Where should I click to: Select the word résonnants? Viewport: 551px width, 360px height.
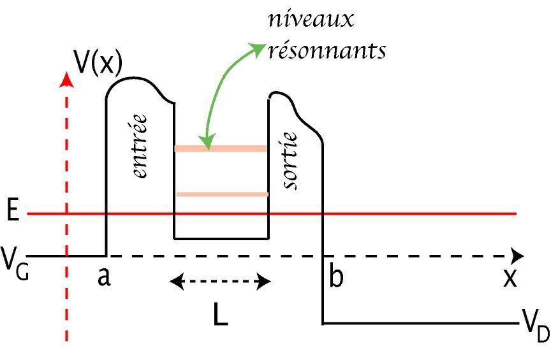[327, 50]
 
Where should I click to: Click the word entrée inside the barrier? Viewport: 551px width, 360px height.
[142, 146]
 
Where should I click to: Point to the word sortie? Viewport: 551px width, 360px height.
[291, 160]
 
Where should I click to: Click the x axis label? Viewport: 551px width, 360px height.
[509, 278]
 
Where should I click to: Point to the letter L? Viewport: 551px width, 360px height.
[221, 315]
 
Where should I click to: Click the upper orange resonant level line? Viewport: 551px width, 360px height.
[221, 149]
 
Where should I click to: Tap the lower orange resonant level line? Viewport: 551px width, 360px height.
[221, 194]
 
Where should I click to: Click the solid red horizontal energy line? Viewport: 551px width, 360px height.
[415, 214]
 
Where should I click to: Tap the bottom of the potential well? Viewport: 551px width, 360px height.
[221, 238]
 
